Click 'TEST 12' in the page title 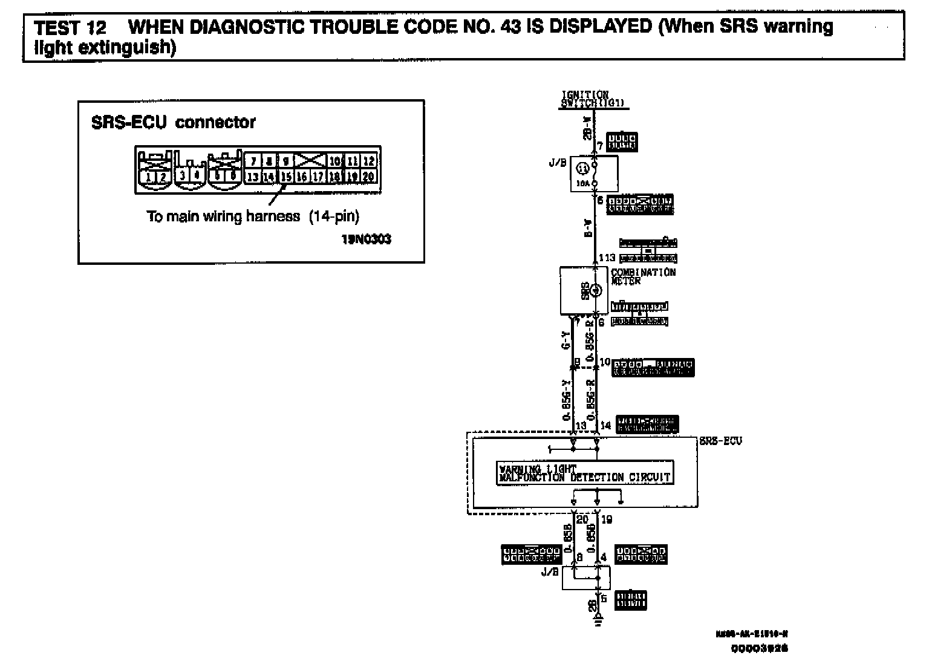70,28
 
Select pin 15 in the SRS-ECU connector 285,177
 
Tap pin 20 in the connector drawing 368,177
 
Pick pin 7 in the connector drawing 253,161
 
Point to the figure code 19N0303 366,239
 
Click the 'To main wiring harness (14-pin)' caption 253,216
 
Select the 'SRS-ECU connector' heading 173,123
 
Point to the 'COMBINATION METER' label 642,277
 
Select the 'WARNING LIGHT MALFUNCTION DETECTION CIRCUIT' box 584,473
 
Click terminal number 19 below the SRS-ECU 607,519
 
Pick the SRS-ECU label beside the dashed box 720,440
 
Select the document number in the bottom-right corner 759,649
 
